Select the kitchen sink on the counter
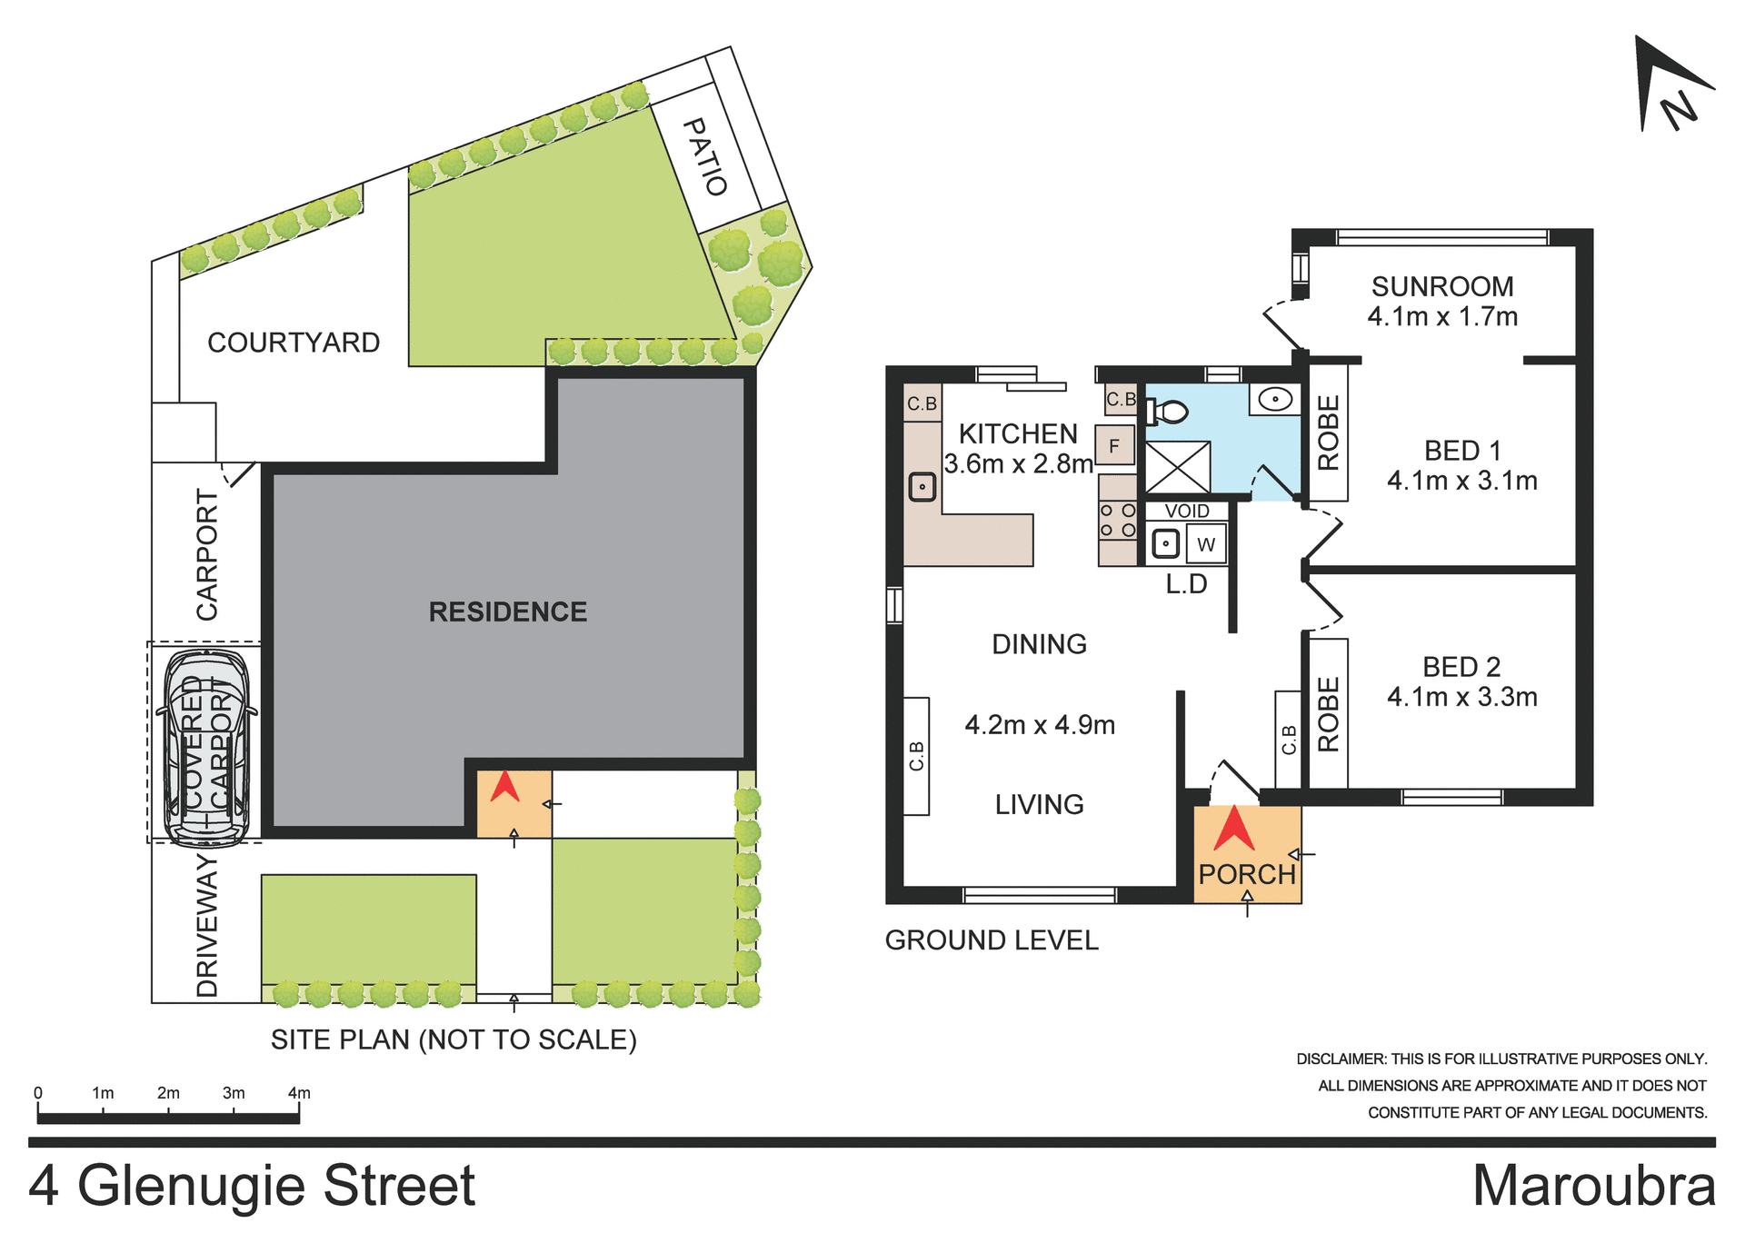pyautogui.click(x=922, y=487)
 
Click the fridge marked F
pyautogui.click(x=1113, y=446)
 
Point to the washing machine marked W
pyautogui.click(x=1206, y=544)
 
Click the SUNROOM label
pyautogui.click(x=1442, y=286)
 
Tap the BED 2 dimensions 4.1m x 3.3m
pyautogui.click(x=1461, y=697)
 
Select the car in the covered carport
pyautogui.click(x=206, y=747)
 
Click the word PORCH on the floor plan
pyautogui.click(x=1246, y=874)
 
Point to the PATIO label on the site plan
pyautogui.click(x=705, y=156)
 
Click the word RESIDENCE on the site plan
pyautogui.click(x=507, y=612)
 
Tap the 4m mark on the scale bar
pyautogui.click(x=299, y=1093)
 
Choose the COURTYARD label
pyautogui.click(x=294, y=343)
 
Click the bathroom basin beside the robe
pyautogui.click(x=1275, y=399)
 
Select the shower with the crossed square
pyautogui.click(x=1177, y=468)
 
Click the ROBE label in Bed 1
pyautogui.click(x=1328, y=433)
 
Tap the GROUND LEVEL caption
pyautogui.click(x=992, y=940)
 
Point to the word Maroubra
pyautogui.click(x=1593, y=1186)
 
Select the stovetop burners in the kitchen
pyautogui.click(x=1117, y=521)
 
